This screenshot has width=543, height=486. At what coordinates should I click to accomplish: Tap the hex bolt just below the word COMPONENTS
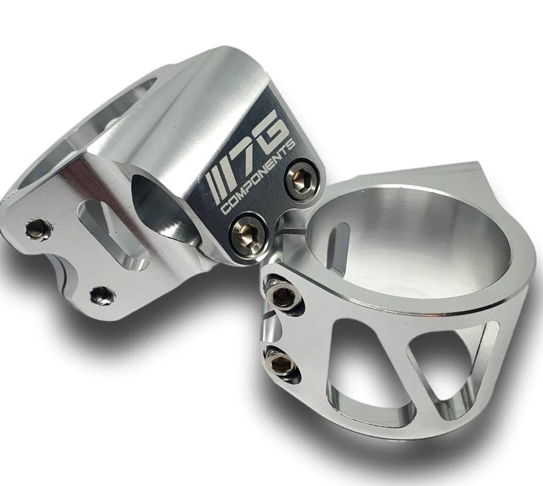[x=247, y=234]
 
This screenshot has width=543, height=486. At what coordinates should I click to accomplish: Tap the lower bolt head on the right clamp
[x=279, y=362]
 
